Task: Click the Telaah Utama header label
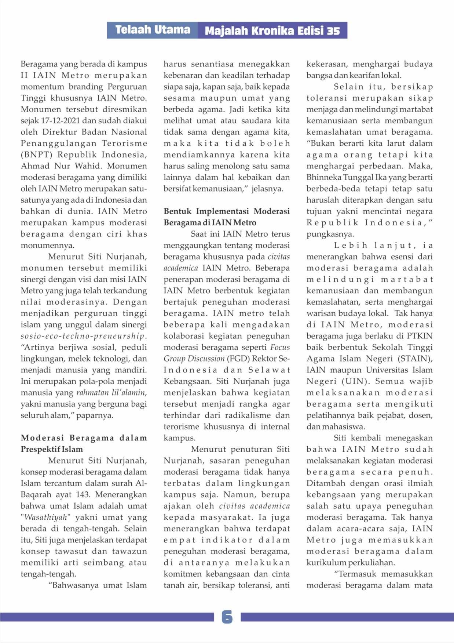point(153,30)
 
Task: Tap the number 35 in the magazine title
point(333,31)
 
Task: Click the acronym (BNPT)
point(36,155)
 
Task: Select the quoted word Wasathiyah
point(46,517)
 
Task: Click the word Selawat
point(269,370)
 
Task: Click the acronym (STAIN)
point(414,359)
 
